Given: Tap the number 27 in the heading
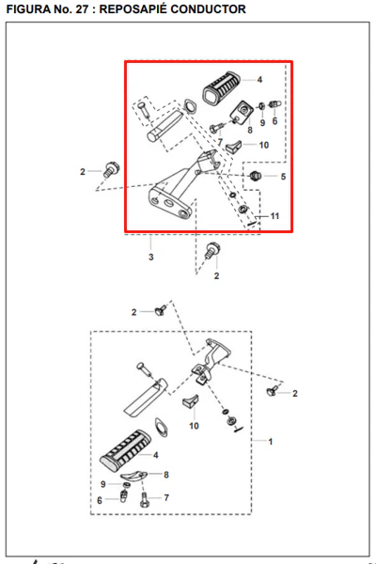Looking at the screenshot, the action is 82,9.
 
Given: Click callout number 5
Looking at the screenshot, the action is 283,177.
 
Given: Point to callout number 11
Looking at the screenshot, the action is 274,216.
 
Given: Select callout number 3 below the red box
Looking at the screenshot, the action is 151,257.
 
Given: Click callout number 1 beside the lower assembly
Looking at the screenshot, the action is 271,441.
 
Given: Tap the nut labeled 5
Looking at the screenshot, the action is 255,176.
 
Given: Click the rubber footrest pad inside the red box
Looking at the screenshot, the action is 222,87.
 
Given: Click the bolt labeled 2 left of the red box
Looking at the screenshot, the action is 111,169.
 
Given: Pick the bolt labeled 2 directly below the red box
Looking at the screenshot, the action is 212,250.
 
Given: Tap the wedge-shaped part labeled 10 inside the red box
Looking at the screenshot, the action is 234,146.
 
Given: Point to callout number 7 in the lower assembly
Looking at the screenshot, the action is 166,497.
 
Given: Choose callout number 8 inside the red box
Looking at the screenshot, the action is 250,130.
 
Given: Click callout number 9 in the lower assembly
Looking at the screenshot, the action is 102,484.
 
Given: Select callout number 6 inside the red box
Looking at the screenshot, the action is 274,121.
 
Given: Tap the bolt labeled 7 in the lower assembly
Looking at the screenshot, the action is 144,499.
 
